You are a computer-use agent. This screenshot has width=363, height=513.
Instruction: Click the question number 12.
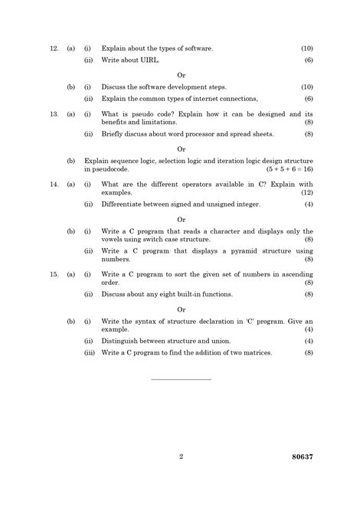click(x=54, y=48)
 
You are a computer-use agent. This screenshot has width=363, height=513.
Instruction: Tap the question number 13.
click(x=54, y=114)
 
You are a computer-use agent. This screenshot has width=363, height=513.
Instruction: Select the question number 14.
click(x=54, y=185)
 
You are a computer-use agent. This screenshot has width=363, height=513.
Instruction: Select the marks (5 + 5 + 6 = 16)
click(x=287, y=169)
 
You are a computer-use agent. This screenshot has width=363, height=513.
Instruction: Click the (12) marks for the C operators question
click(x=306, y=194)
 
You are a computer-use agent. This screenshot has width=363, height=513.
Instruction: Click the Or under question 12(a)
click(x=181, y=75)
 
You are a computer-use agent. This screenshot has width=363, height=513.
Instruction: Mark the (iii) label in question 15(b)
click(x=89, y=352)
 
